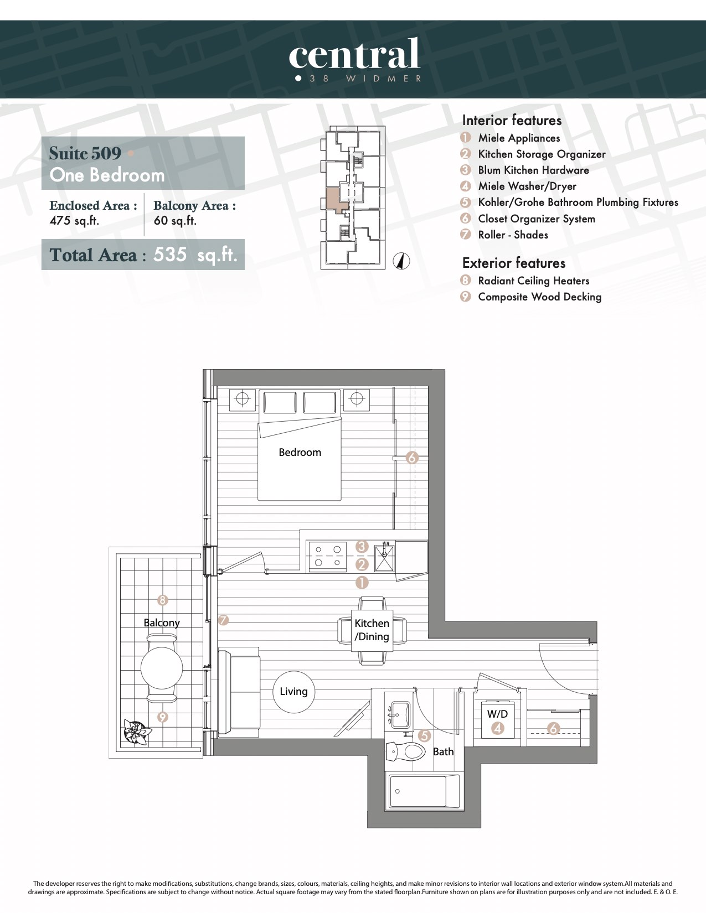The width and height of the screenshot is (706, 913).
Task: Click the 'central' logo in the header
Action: pyautogui.click(x=354, y=54)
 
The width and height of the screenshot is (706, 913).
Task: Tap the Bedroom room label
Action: pyautogui.click(x=300, y=452)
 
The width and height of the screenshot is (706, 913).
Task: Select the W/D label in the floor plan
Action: pyautogui.click(x=497, y=714)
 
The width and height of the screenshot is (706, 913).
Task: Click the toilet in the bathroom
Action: pyautogui.click(x=406, y=751)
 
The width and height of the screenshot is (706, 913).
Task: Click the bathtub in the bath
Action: pyautogui.click(x=424, y=792)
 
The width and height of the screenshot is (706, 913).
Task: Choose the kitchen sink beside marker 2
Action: pyautogui.click(x=384, y=557)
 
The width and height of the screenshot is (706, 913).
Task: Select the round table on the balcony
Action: pyautogui.click(x=162, y=668)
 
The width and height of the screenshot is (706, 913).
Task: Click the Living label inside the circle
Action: pyautogui.click(x=293, y=691)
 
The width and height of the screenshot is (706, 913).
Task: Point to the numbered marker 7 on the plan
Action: pyautogui.click(x=223, y=620)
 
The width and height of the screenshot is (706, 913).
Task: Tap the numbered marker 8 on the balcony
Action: pyautogui.click(x=162, y=600)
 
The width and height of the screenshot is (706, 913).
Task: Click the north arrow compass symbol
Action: pyautogui.click(x=401, y=261)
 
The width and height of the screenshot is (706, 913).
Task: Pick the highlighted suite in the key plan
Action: pyautogui.click(x=337, y=199)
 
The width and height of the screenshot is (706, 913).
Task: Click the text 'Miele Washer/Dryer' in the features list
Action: pyautogui.click(x=527, y=186)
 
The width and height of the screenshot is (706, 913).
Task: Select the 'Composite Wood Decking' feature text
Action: pyautogui.click(x=539, y=297)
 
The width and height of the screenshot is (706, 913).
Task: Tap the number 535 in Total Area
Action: pyautogui.click(x=170, y=254)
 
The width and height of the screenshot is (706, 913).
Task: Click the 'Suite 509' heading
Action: pyautogui.click(x=85, y=153)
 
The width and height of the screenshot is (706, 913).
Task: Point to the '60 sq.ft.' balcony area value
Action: pyautogui.click(x=175, y=220)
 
